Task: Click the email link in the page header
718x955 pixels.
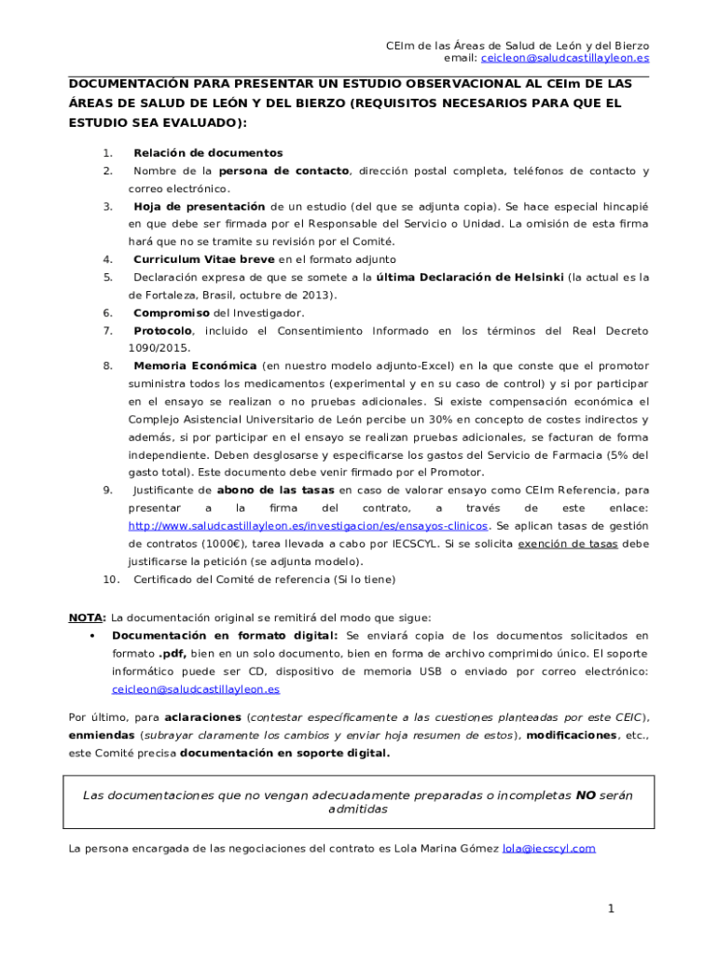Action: (x=565, y=58)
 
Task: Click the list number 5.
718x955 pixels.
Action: (x=108, y=277)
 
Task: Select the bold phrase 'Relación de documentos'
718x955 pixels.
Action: (x=208, y=153)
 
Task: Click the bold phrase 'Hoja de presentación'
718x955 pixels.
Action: (x=200, y=206)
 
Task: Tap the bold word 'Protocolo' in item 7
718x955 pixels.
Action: (x=163, y=330)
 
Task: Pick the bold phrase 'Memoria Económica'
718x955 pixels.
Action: (x=194, y=366)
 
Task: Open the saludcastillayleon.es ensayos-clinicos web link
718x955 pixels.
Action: (x=307, y=525)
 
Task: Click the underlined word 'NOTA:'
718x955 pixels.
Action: (x=88, y=617)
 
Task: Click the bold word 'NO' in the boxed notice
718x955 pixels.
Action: (x=585, y=796)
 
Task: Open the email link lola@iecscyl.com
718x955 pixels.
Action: (x=548, y=849)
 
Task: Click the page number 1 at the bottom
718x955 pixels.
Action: (x=611, y=908)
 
